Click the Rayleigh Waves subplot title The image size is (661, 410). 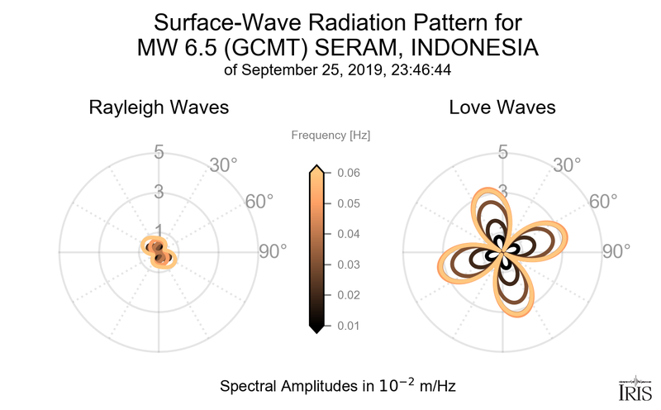click(x=159, y=108)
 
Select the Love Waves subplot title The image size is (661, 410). click(x=502, y=108)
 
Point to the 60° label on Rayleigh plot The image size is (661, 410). click(x=259, y=201)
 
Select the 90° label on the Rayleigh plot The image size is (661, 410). click(x=272, y=251)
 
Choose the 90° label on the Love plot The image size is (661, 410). click(x=616, y=251)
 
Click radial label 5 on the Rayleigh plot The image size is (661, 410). click(x=158, y=153)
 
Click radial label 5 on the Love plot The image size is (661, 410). click(x=502, y=153)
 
